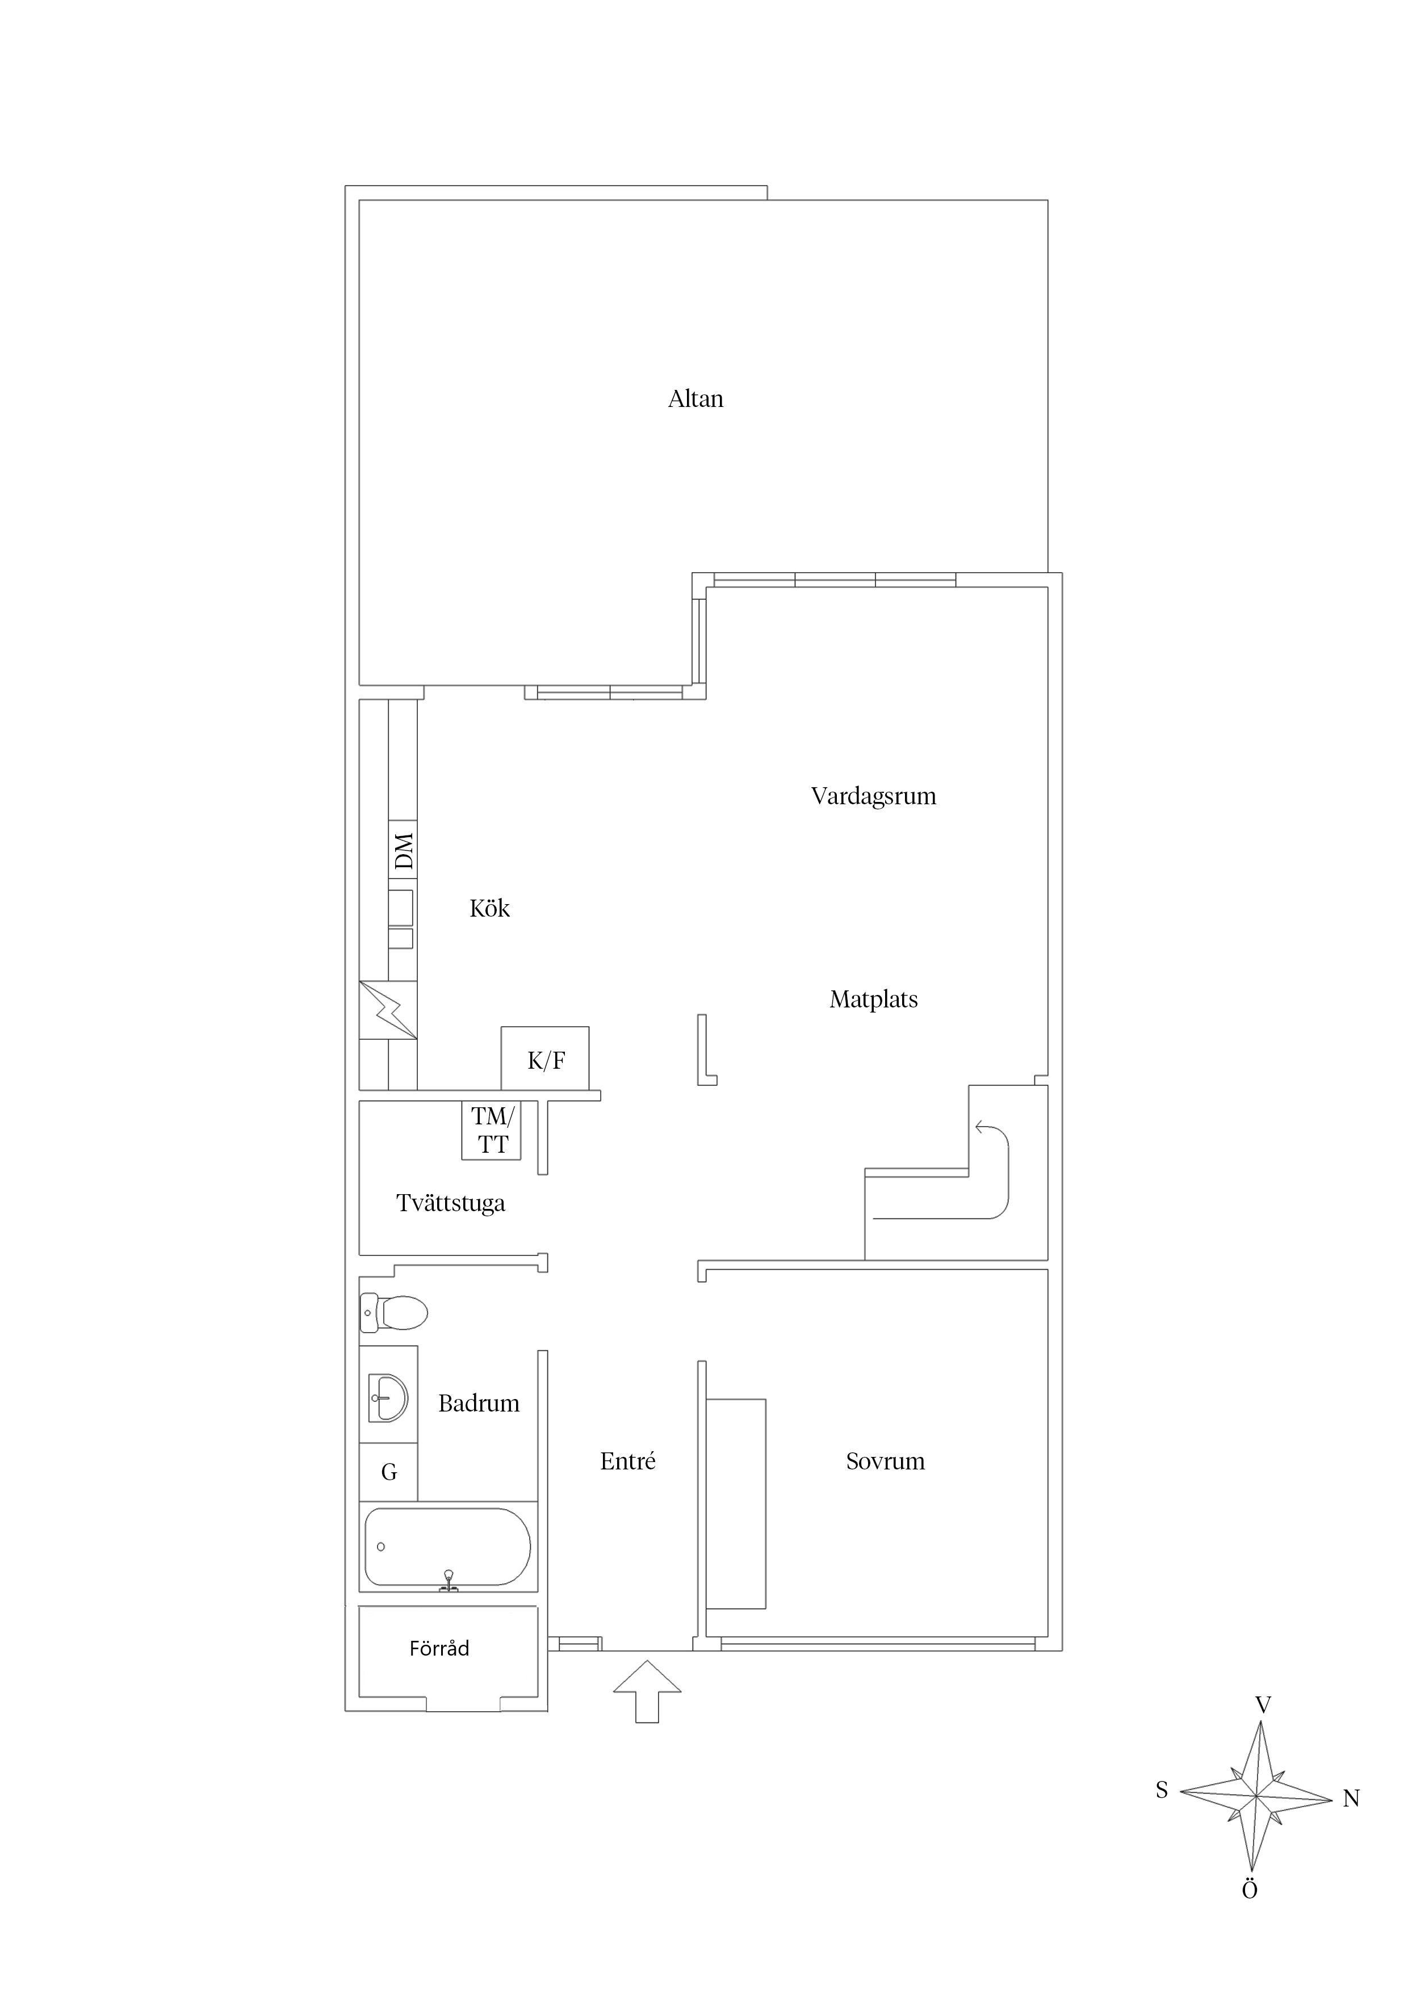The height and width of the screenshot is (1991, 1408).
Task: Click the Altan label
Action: coord(695,399)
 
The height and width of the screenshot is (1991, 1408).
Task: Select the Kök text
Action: coord(489,908)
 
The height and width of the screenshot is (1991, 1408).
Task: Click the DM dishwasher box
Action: coord(403,850)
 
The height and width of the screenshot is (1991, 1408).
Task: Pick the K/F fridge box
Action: coord(545,1060)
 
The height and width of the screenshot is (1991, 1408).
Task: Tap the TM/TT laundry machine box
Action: coord(491,1131)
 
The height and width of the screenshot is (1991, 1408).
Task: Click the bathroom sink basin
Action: coord(388,1398)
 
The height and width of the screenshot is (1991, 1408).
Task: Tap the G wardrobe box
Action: coord(389,1472)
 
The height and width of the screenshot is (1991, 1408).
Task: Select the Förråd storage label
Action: coord(439,1648)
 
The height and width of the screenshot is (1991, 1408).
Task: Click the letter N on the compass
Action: coord(1351,1799)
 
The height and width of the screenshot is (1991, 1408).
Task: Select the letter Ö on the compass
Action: coord(1249,1891)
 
